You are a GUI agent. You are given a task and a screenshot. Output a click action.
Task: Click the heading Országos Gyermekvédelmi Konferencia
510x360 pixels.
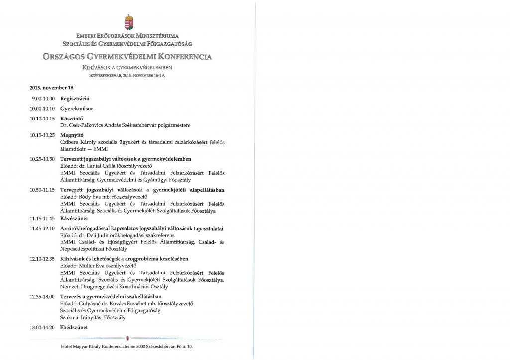tap(127, 56)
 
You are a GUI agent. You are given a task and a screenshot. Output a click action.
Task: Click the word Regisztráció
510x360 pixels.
tap(74, 99)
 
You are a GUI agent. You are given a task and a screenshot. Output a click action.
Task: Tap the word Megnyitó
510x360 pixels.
tap(71, 135)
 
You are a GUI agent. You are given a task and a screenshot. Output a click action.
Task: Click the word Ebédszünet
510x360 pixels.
tap(74, 327)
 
